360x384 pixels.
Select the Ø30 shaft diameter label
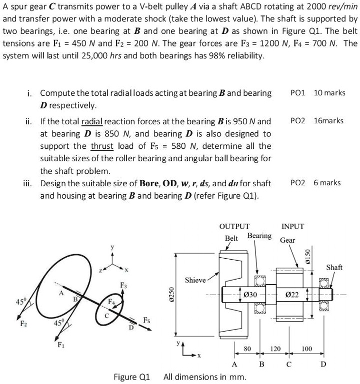250,295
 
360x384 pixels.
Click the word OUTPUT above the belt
234,227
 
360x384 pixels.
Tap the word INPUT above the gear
293,227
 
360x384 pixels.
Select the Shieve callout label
194,280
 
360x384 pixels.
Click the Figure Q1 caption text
131,377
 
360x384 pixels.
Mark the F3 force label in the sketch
123,285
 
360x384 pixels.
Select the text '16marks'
328,120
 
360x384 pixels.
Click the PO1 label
298,93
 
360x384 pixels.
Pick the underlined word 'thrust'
102,146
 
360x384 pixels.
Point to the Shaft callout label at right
334,267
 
